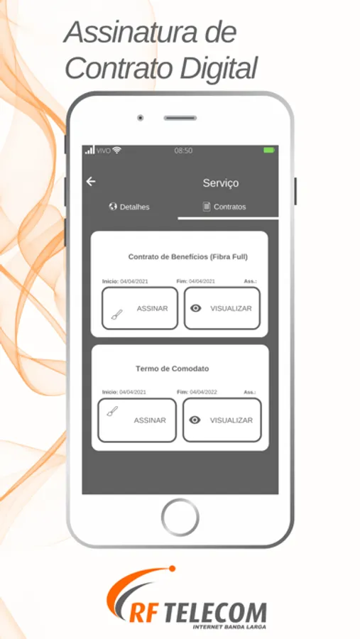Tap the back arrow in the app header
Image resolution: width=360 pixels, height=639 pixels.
[x=90, y=181]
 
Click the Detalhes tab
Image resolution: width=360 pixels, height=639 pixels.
[x=129, y=207]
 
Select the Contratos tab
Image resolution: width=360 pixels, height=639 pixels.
[x=224, y=207]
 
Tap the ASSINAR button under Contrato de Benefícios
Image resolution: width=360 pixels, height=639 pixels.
[x=140, y=309]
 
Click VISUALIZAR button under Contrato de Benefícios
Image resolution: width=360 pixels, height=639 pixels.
[x=222, y=309]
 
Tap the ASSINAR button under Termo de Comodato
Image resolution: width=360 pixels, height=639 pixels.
[x=137, y=420]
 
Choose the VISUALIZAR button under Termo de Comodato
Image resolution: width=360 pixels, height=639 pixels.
[x=222, y=420]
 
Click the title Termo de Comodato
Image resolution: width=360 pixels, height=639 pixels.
[x=172, y=368]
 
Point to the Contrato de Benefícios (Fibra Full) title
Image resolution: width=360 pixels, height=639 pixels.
[x=188, y=257]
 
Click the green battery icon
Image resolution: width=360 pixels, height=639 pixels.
[x=268, y=151]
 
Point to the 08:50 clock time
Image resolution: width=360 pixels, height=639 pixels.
[x=183, y=151]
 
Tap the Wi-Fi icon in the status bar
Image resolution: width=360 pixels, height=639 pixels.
[x=117, y=150]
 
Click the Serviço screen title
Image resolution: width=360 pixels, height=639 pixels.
[x=221, y=183]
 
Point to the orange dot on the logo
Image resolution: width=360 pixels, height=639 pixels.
[x=172, y=569]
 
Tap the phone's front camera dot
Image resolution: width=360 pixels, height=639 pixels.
[x=141, y=118]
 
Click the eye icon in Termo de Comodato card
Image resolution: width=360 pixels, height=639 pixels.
[x=195, y=420]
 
